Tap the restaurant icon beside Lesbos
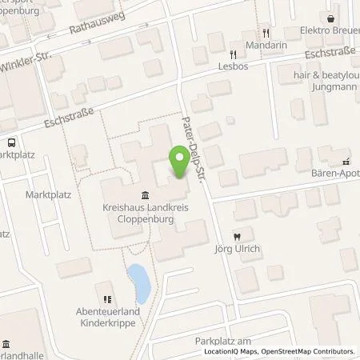(x=233, y=54)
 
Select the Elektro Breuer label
(x=330, y=32)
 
